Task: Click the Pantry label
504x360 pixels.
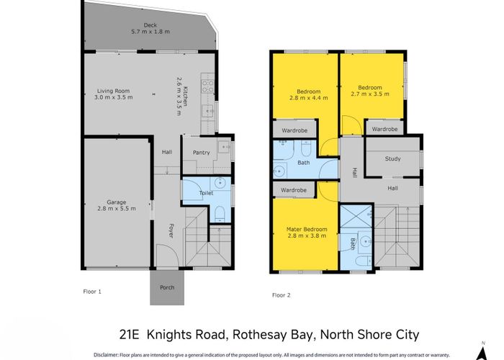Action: point(201,152)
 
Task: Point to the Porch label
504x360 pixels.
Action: point(167,287)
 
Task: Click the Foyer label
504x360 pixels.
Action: point(171,231)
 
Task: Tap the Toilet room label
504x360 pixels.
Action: point(207,193)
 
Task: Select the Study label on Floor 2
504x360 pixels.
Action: point(392,159)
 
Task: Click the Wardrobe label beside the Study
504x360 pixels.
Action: point(384,129)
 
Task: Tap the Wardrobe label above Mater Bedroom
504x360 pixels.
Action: point(294,190)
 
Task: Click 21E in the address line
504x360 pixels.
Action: point(131,334)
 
